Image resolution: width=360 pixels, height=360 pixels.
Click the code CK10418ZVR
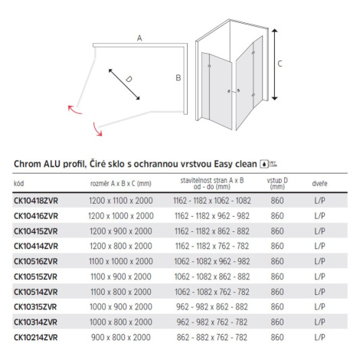pyautogui.click(x=36, y=201)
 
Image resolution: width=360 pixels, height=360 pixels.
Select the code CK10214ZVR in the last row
pyautogui.click(x=36, y=338)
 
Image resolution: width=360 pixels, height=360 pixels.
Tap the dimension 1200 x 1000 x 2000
pyautogui.click(x=121, y=216)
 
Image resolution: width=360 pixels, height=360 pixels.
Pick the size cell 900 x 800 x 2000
pyautogui.click(x=121, y=338)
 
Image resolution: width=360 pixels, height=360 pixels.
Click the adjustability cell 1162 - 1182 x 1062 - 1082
pyautogui.click(x=212, y=201)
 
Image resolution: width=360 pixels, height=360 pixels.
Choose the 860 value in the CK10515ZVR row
pyautogui.click(x=277, y=277)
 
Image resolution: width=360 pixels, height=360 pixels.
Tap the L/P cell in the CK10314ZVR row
pyautogui.click(x=319, y=322)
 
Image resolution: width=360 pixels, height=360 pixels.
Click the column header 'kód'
pyautogui.click(x=19, y=183)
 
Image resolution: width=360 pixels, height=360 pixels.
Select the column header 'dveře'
pyautogui.click(x=319, y=183)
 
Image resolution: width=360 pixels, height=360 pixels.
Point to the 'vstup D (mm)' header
pyautogui.click(x=277, y=183)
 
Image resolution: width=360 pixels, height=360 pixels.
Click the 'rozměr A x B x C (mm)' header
pyautogui.click(x=121, y=183)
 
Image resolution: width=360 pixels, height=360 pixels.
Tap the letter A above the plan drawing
pyautogui.click(x=139, y=38)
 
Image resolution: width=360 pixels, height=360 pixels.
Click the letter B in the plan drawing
pyautogui.click(x=178, y=77)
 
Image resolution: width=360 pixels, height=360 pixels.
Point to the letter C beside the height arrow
pyautogui.click(x=280, y=64)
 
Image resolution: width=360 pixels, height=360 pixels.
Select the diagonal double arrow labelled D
pyautogui.click(x=124, y=84)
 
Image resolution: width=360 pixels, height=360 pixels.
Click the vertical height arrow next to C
pyautogui.click(x=274, y=64)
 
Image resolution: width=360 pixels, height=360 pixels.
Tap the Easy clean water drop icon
pyautogui.click(x=264, y=164)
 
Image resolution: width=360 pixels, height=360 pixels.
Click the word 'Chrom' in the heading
pyautogui.click(x=28, y=164)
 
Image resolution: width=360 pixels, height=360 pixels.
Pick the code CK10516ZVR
pyautogui.click(x=36, y=261)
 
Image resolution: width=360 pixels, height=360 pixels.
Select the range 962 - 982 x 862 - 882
pyautogui.click(x=212, y=307)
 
